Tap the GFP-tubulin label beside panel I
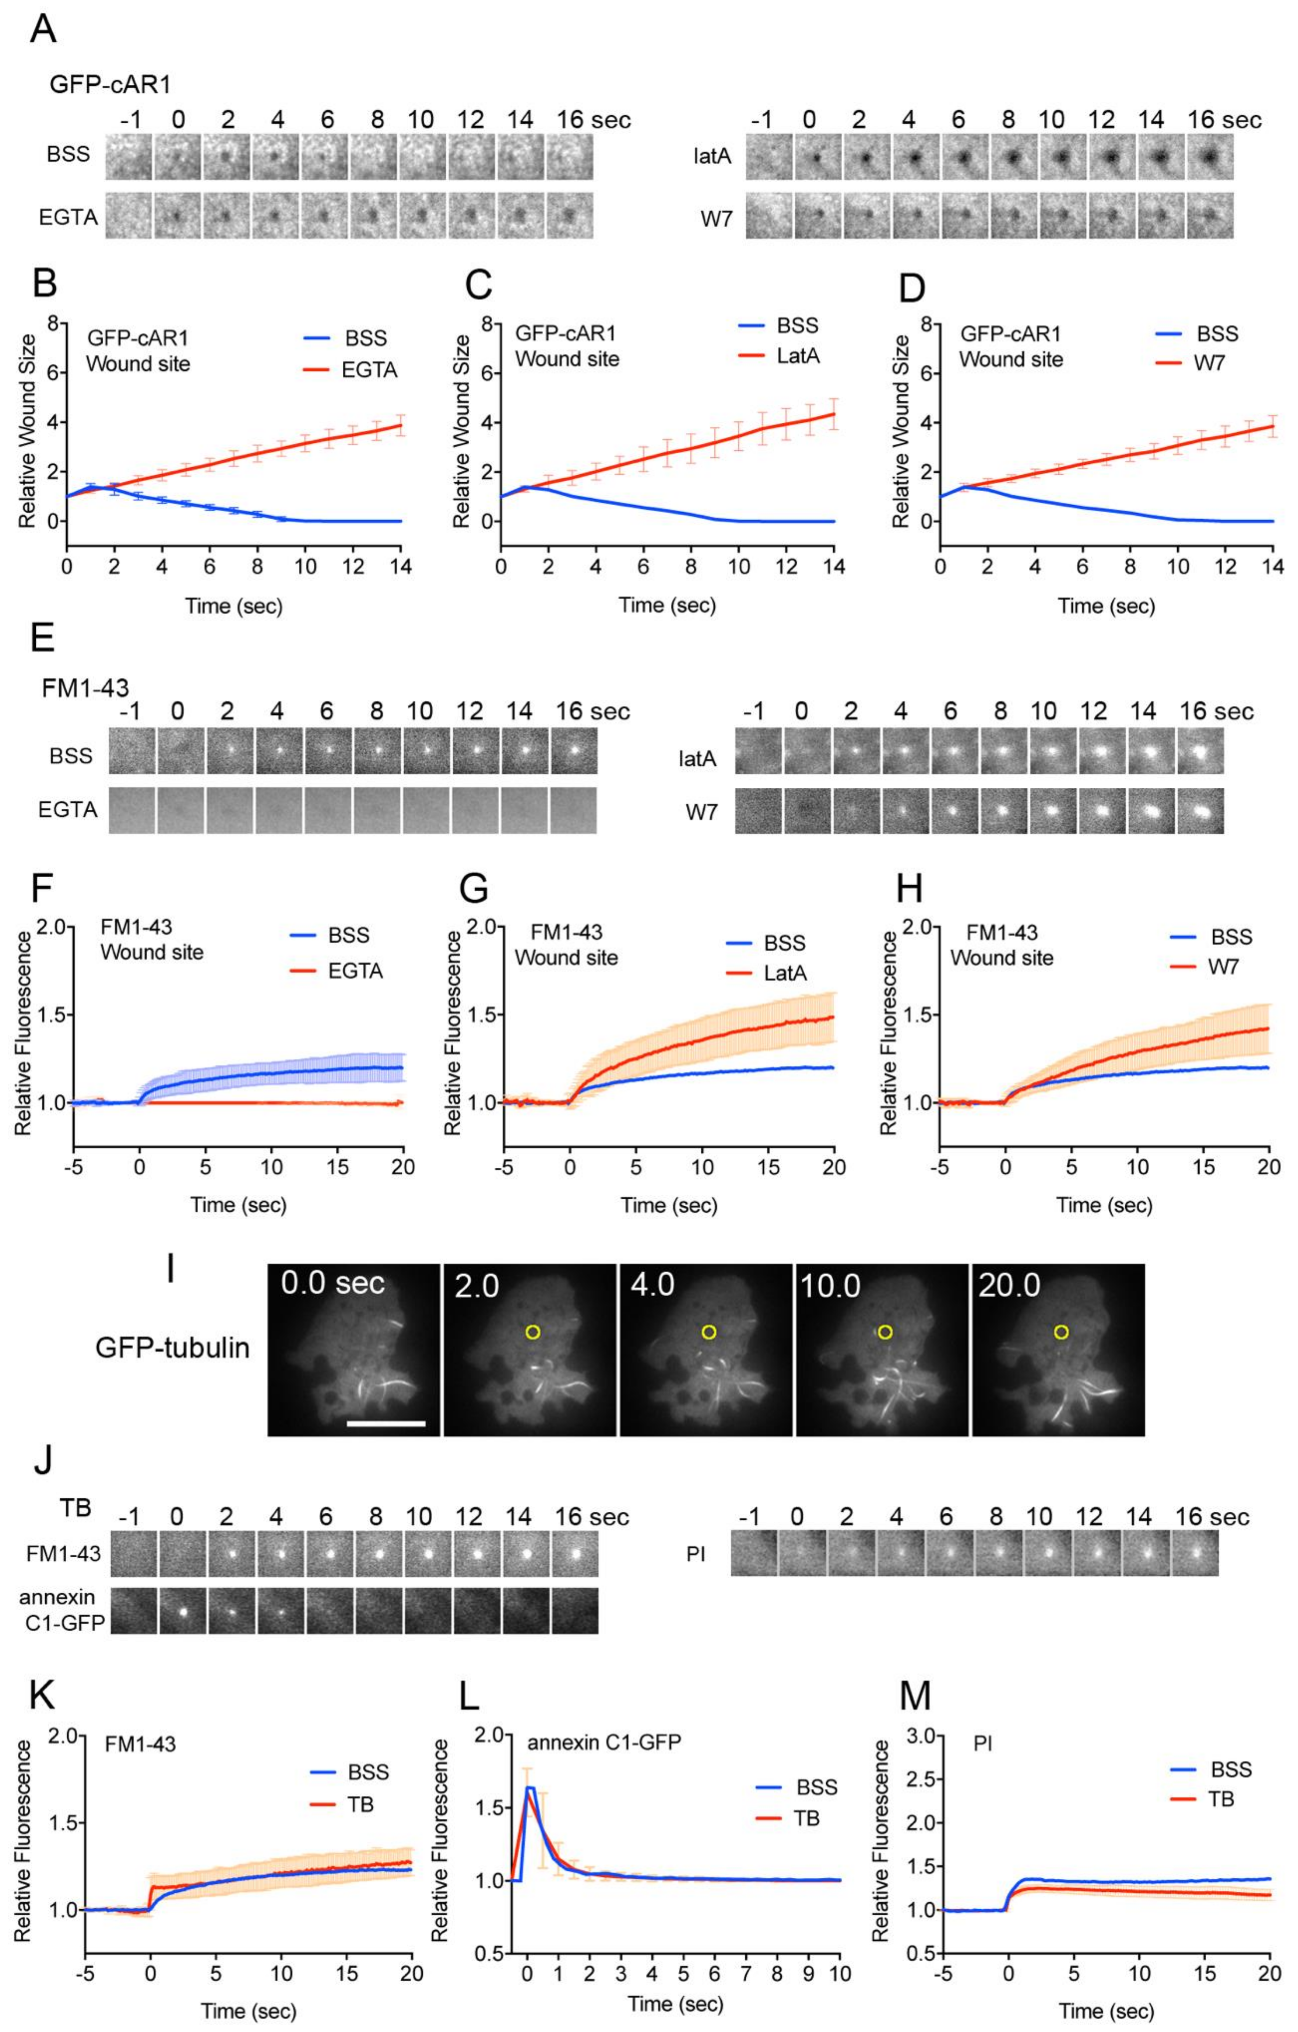(172, 1348)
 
